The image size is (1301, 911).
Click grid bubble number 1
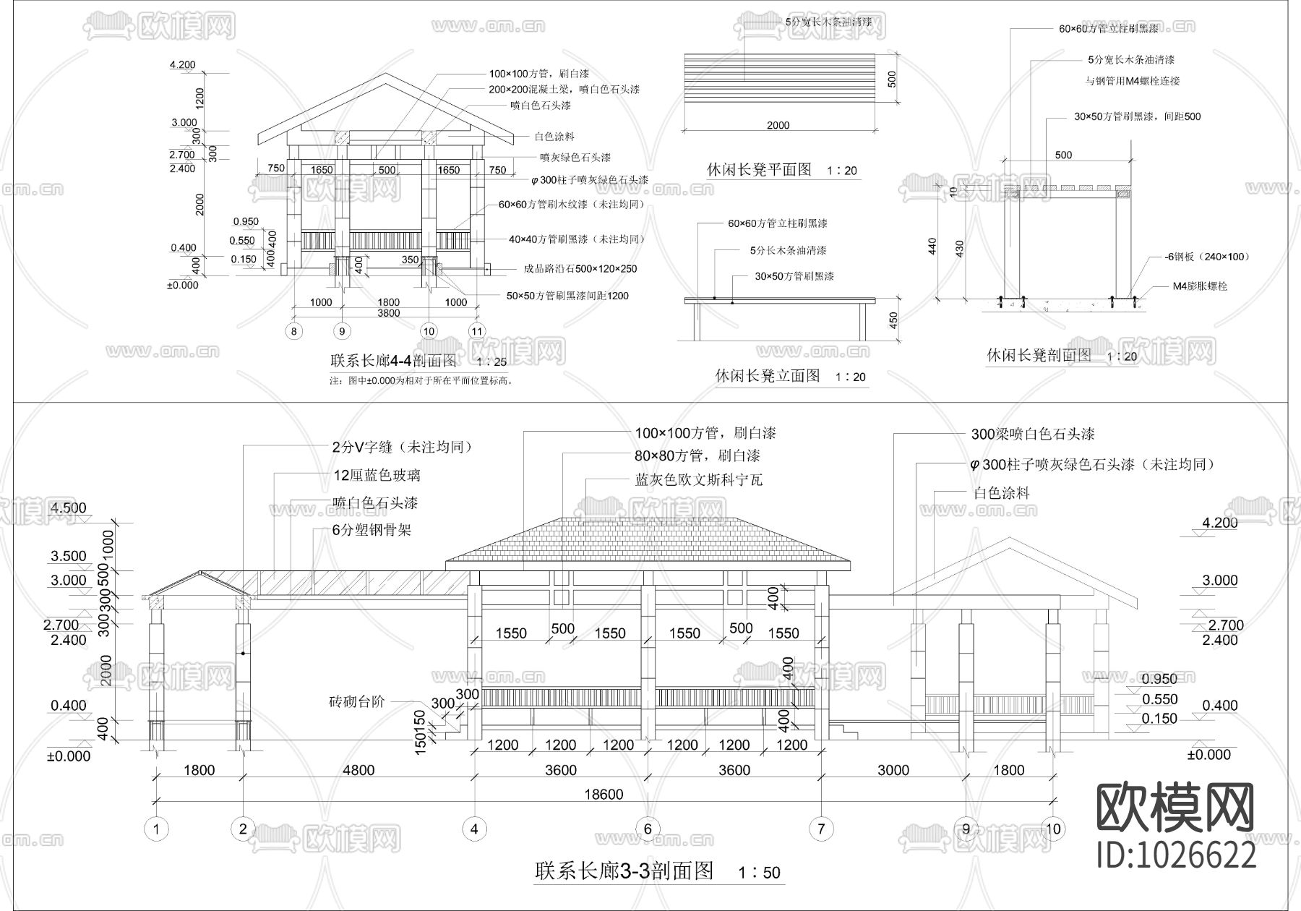[x=156, y=829]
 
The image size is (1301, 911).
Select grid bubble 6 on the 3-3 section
[x=648, y=829]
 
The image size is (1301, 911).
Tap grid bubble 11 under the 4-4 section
[x=477, y=331]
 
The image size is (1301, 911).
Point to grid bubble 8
[x=293, y=331]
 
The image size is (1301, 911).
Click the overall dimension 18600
[x=604, y=794]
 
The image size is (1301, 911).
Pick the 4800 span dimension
[x=358, y=770]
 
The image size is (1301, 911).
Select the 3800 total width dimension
[x=388, y=313]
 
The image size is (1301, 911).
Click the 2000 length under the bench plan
[x=778, y=125]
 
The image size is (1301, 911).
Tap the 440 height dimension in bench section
[x=932, y=246]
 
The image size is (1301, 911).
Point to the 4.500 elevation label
[x=68, y=508]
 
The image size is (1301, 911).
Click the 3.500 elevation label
[x=68, y=556]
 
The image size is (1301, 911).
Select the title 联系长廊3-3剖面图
[x=624, y=871]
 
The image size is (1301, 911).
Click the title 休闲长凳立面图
[x=768, y=376]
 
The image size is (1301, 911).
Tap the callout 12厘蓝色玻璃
[x=376, y=475]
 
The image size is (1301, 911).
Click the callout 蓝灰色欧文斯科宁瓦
[x=698, y=480]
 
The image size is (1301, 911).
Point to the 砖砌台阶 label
[x=357, y=701]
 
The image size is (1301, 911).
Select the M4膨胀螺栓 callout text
[x=1200, y=286]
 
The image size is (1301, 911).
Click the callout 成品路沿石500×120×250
[x=580, y=269]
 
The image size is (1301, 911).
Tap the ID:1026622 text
[x=1176, y=856]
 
